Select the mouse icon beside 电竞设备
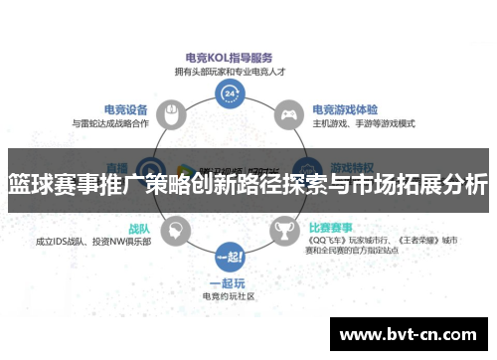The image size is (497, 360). [172, 113]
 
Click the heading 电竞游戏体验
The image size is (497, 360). [344, 109]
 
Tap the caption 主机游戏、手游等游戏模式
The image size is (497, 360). [364, 123]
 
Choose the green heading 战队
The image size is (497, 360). [138, 228]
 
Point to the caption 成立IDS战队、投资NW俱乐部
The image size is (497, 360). [92, 242]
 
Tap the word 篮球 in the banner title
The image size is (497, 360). [31, 184]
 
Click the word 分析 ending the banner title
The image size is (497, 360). [465, 184]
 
